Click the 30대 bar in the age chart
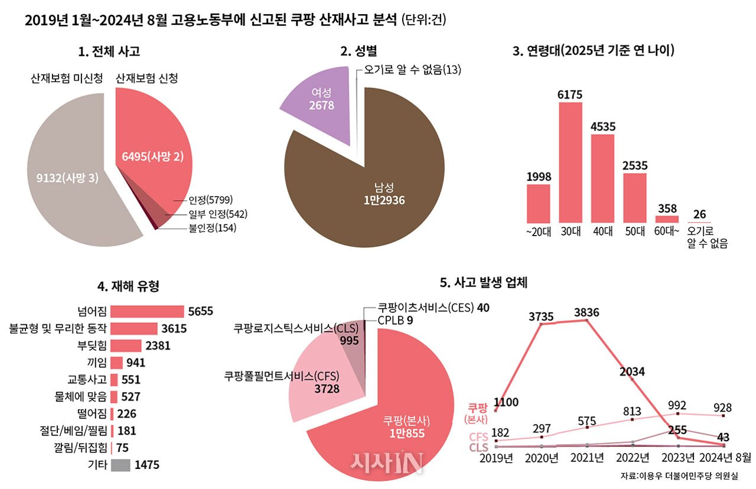[x=570, y=162]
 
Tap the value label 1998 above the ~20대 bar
[x=538, y=177]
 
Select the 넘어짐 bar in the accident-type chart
[x=147, y=311]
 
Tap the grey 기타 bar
[x=120, y=465]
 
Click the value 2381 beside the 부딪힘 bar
[x=158, y=346]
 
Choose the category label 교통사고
[x=87, y=380]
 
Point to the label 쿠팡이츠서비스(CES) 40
[x=434, y=308]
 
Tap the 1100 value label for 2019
[x=506, y=403]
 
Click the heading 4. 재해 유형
[x=128, y=287]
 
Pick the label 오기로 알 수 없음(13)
[x=412, y=70]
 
